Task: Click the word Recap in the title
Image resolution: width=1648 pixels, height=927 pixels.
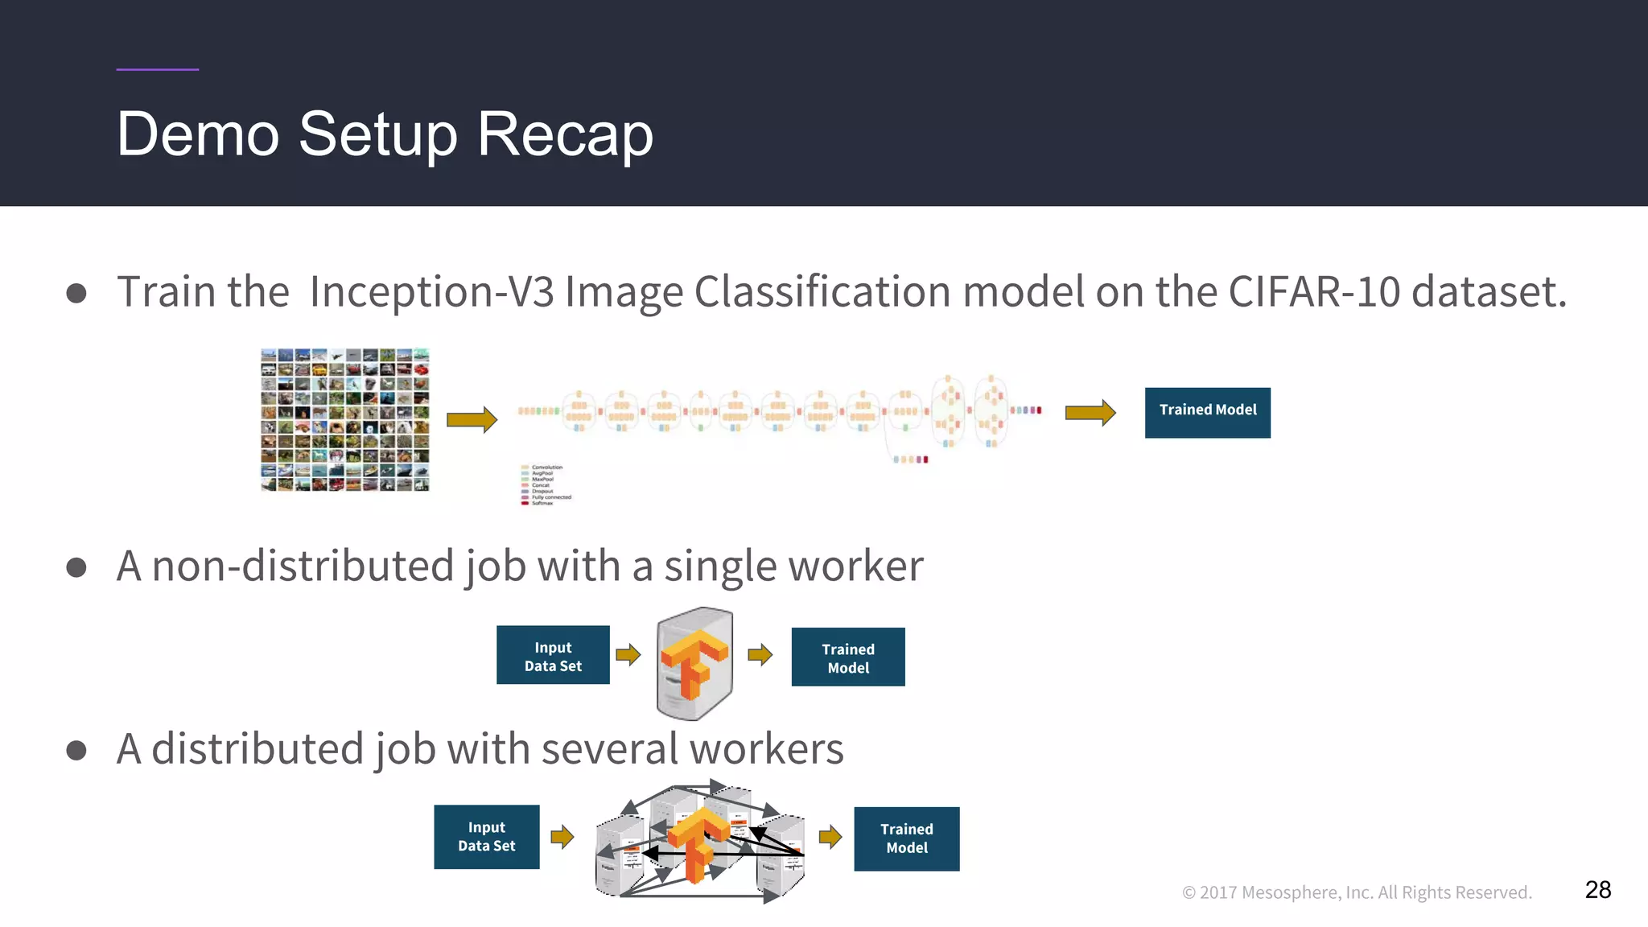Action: click(565, 134)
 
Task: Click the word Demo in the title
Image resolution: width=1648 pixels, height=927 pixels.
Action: click(198, 134)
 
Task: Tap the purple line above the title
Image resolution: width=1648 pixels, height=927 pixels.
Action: click(157, 69)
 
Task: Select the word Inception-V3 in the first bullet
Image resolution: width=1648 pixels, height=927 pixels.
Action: click(431, 291)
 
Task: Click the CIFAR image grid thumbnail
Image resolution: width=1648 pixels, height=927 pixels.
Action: click(345, 419)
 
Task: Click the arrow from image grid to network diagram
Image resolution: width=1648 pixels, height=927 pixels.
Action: click(472, 419)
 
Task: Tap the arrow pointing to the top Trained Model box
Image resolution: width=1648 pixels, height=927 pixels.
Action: click(1090, 413)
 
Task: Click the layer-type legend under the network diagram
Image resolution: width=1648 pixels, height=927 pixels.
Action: click(546, 484)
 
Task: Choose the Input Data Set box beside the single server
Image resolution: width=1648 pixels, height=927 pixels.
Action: click(553, 655)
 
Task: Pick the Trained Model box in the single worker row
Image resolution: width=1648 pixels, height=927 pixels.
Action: click(848, 657)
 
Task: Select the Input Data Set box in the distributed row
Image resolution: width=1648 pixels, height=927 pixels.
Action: click(486, 837)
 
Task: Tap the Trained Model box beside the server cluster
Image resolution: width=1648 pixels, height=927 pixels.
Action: click(906, 838)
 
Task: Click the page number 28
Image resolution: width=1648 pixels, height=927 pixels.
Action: click(1597, 889)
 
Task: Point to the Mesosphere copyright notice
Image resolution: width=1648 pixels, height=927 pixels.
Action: click(1357, 892)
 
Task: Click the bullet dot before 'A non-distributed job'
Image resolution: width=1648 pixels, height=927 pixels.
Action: click(76, 567)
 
